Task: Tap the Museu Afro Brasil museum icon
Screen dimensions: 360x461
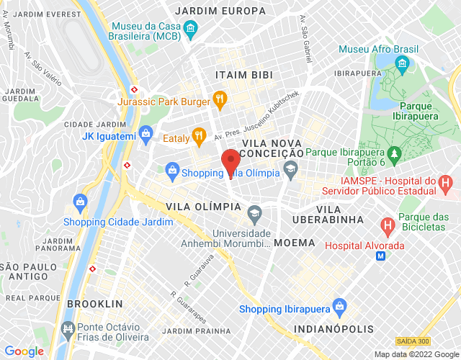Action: click(402, 66)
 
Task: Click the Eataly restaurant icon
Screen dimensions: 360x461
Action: click(199, 134)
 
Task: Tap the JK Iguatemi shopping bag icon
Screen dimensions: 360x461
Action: click(146, 133)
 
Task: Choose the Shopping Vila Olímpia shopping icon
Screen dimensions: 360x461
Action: click(172, 170)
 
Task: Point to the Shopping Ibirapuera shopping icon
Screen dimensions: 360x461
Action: click(340, 308)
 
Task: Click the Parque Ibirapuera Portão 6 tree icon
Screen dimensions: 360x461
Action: click(394, 153)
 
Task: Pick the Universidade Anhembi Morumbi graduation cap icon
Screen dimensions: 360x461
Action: click(254, 213)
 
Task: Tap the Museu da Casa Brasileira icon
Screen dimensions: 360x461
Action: click(191, 30)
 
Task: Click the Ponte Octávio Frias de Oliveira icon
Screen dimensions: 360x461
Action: click(68, 331)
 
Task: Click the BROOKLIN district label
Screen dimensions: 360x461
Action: click(90, 304)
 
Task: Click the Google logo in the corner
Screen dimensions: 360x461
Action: click(24, 351)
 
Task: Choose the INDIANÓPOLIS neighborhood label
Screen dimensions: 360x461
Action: click(334, 329)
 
